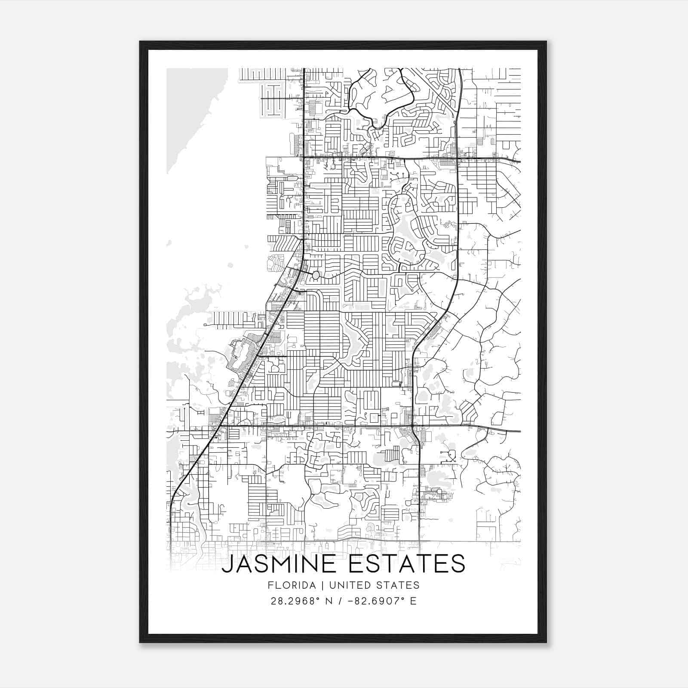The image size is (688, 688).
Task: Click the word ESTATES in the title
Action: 406,564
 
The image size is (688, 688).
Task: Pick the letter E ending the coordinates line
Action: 413,601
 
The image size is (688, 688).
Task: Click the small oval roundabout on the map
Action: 316,275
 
